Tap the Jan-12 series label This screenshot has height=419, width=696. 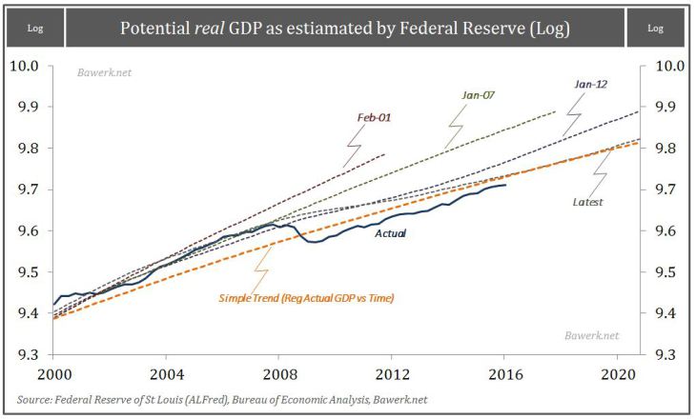pos(590,85)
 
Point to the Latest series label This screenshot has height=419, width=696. pos(588,202)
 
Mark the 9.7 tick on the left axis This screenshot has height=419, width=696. pos(24,190)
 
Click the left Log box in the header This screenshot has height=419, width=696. pos(34,29)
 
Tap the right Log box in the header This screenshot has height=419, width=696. pos(655,29)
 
